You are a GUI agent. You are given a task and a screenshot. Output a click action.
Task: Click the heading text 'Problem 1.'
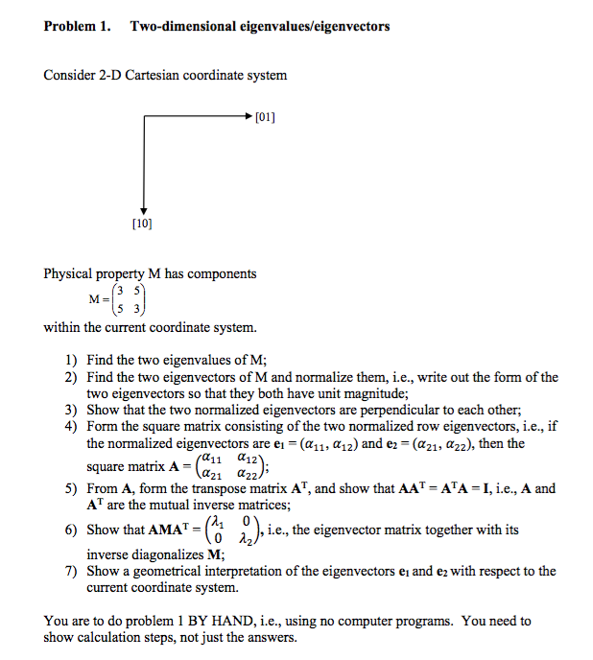click(77, 26)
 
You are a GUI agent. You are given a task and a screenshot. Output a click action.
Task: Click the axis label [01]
click(266, 118)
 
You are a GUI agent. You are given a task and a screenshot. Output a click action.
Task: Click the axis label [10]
click(143, 224)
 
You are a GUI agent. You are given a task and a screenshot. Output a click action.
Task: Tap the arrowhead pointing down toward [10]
click(144, 210)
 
